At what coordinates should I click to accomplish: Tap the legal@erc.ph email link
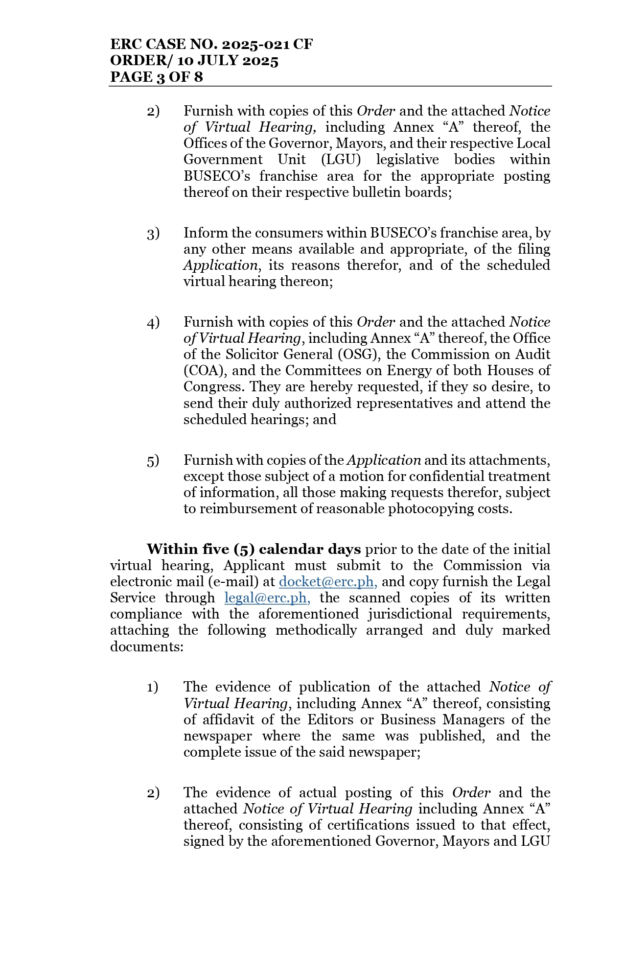[x=267, y=598]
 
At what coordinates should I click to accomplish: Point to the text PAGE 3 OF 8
[x=156, y=77]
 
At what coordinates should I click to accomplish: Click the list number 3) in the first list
[x=153, y=234]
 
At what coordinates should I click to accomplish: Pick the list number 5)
[x=153, y=461]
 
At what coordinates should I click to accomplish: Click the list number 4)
[x=153, y=323]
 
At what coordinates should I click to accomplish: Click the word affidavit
[x=228, y=720]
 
